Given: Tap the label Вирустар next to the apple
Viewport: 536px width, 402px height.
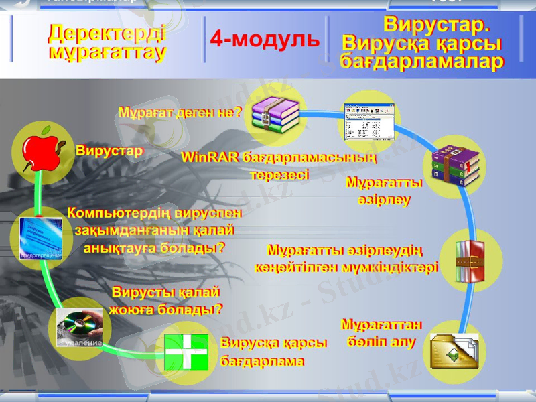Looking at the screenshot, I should pos(109,151).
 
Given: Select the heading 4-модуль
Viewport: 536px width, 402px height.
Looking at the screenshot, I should pos(265,40).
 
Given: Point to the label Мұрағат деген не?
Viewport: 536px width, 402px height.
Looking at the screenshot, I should pos(180,112).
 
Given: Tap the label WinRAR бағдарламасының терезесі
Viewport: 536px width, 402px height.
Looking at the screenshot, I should pos(279,166).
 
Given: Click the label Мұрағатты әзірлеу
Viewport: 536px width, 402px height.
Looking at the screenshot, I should pos(384,191).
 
